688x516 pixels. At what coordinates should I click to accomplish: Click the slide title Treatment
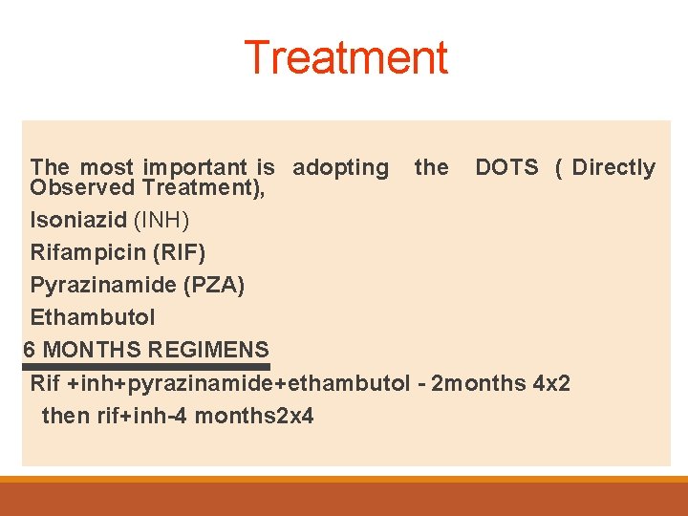(345, 57)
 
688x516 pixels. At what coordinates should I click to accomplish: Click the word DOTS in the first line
(506, 167)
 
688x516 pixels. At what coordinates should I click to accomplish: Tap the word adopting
(340, 168)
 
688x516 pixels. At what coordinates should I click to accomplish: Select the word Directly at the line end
(613, 168)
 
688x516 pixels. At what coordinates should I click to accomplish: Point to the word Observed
(82, 187)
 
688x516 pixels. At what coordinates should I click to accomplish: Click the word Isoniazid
(78, 220)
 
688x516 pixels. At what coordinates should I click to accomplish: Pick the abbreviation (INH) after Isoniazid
(161, 220)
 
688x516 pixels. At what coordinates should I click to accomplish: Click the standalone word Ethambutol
(93, 317)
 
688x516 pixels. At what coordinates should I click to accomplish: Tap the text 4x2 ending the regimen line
(551, 383)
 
